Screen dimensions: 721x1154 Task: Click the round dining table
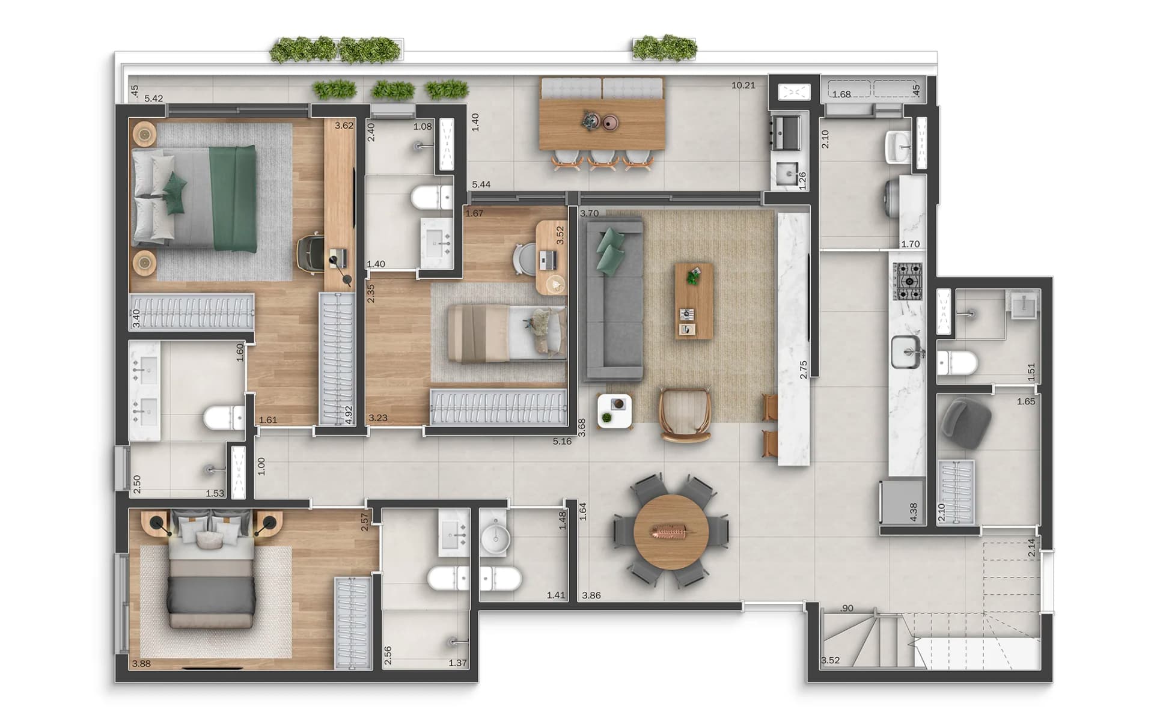click(671, 532)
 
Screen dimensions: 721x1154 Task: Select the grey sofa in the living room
click(612, 300)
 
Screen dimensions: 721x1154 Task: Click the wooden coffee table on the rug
click(694, 300)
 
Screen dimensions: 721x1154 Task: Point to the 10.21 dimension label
click(743, 85)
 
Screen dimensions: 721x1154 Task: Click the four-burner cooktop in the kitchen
click(907, 282)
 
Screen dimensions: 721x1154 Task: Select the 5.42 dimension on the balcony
click(154, 99)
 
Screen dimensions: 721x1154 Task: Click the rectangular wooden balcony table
click(602, 123)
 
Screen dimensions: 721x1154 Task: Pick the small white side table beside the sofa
click(615, 410)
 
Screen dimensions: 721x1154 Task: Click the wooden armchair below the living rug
click(685, 415)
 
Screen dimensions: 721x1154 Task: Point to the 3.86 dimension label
click(591, 595)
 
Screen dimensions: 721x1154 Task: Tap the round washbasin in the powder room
click(495, 539)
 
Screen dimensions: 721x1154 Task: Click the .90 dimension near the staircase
click(846, 608)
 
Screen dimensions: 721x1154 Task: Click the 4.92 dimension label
click(348, 415)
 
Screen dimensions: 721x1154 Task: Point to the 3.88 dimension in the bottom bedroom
click(141, 663)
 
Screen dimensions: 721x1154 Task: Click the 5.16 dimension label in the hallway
click(562, 442)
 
